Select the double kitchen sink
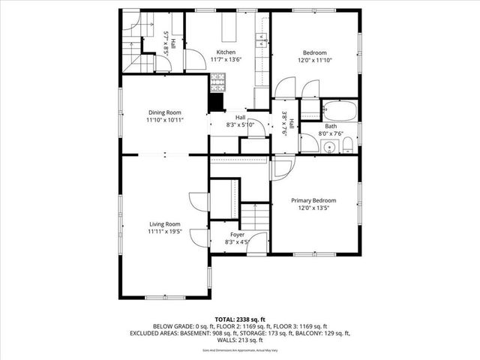265,40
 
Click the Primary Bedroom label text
313,200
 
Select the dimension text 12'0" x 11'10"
313,60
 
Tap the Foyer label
237,235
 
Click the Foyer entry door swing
259,242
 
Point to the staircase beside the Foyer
254,217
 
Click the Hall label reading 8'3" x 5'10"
240,124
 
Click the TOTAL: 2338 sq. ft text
239,319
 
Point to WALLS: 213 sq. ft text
239,340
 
